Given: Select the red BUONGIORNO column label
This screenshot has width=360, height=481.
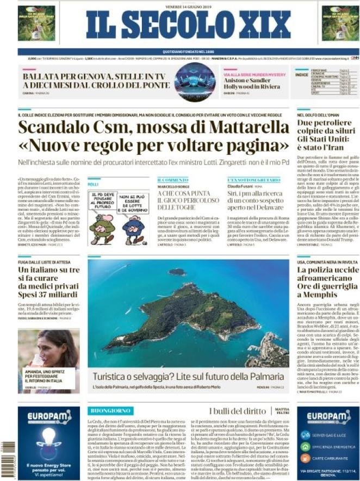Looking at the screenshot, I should [x=111, y=411].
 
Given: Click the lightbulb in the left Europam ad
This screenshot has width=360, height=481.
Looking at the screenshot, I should [x=48, y=437].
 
